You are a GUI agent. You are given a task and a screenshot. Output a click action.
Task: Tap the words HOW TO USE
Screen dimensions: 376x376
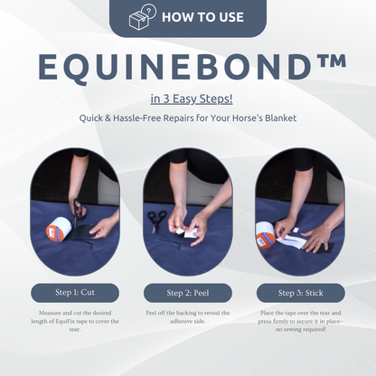[202, 17]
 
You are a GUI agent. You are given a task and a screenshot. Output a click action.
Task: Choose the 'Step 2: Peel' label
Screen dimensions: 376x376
[188, 293]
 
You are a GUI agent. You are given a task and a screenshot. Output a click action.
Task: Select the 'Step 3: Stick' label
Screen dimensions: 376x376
[301, 293]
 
